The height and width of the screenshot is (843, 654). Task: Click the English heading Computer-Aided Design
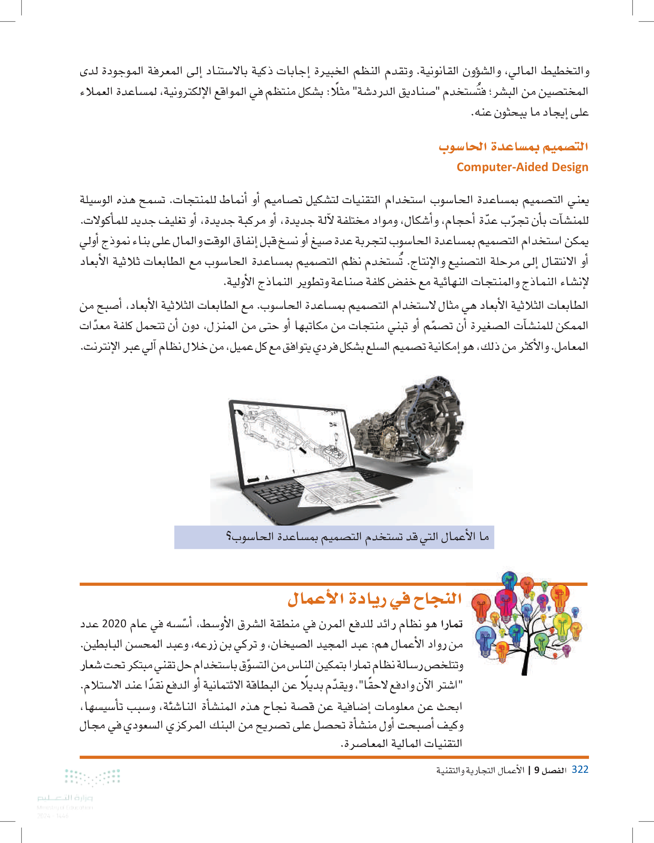[x=522, y=167]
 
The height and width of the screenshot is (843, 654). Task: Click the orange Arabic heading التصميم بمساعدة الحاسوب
[x=513, y=147]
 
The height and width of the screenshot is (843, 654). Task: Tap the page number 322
[x=579, y=769]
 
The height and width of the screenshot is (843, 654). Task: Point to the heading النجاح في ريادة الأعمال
[x=375, y=599]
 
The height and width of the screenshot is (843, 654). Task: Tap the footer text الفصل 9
[x=550, y=771]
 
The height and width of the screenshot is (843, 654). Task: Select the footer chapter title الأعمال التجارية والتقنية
[x=480, y=771]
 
